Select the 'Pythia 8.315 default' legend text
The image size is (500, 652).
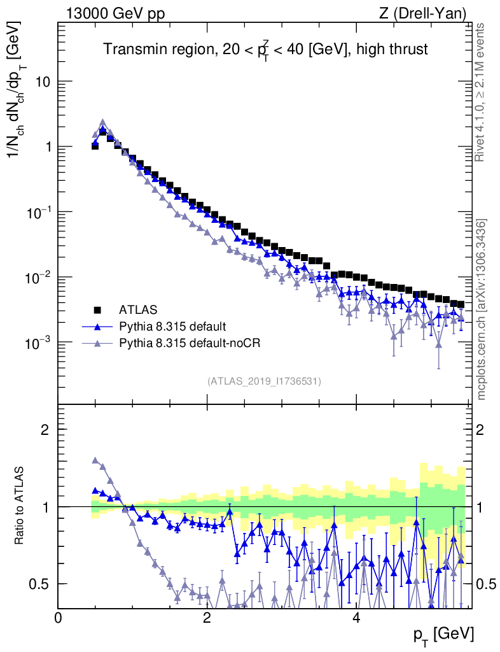172,327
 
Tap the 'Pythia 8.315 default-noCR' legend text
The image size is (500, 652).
190,343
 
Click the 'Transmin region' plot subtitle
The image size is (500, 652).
265,50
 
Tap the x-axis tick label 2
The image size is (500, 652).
207,617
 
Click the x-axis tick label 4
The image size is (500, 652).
356,617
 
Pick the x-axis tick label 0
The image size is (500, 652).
59,617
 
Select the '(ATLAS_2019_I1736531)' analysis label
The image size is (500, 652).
264,381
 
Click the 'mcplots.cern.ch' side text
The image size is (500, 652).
482,309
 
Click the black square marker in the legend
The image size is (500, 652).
98,310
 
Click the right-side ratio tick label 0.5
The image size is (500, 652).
486,584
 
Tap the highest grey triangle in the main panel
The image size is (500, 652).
102,123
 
